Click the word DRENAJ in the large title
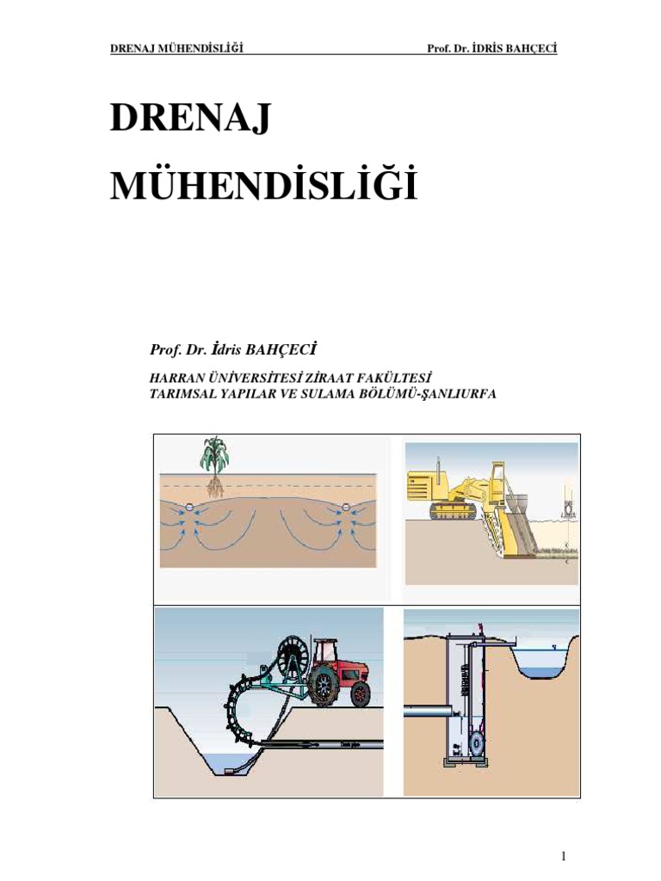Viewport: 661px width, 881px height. click(190, 119)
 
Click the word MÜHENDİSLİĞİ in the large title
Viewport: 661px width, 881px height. click(263, 186)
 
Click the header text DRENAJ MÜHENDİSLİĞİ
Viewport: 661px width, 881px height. click(176, 48)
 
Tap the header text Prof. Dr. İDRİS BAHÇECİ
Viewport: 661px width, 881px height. click(491, 48)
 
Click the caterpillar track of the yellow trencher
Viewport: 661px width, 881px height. click(453, 512)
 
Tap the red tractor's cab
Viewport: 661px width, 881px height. click(325, 653)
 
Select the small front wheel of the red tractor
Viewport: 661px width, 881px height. click(361, 693)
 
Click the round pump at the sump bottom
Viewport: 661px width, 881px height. click(476, 742)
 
